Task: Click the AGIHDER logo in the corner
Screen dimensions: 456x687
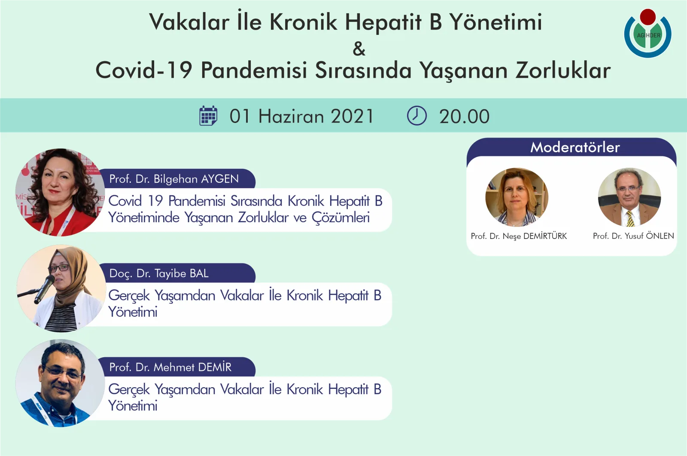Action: coord(647,34)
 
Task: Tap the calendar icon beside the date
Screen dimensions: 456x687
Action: coord(208,116)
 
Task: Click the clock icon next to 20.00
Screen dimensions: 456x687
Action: coord(416,116)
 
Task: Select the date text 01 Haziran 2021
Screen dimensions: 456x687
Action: coord(302,116)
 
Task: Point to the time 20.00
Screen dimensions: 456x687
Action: coord(464,116)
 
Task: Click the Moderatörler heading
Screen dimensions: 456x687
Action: coord(575,147)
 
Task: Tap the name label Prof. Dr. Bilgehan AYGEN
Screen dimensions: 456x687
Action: coord(174,179)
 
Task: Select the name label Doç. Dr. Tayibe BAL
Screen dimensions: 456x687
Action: coord(159,273)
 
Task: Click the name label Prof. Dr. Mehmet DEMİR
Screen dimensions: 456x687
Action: coord(170,367)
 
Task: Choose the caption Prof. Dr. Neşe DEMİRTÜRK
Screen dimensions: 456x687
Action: coord(519,236)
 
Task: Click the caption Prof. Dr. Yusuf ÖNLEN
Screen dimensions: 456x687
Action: coord(633,236)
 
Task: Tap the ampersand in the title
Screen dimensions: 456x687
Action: coord(359,49)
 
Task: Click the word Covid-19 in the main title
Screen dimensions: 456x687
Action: coord(143,70)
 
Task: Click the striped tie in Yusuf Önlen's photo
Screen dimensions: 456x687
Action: coord(630,219)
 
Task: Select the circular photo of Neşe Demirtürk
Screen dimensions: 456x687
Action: coord(517,197)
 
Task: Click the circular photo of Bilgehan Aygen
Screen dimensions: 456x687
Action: coord(60,192)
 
